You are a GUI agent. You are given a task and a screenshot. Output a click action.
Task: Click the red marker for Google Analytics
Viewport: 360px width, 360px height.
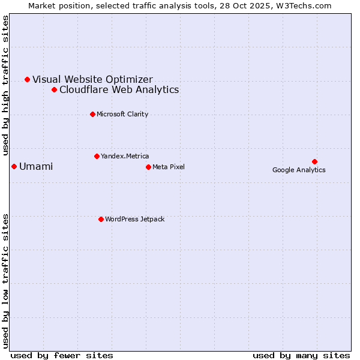(314, 161)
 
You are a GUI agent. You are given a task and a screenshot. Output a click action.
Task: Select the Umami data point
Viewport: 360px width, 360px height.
(14, 166)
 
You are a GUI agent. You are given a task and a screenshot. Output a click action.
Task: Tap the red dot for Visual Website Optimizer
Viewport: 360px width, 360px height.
(27, 79)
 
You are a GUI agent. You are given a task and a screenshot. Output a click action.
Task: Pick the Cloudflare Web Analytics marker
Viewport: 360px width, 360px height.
(54, 89)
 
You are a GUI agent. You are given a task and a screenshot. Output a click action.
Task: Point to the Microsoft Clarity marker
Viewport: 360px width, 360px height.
(92, 114)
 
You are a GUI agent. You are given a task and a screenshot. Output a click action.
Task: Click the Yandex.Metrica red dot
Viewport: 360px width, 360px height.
(97, 156)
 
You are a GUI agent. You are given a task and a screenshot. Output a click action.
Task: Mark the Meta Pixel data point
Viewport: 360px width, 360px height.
(148, 167)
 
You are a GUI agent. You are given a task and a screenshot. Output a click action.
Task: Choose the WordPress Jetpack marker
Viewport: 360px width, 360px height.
(101, 219)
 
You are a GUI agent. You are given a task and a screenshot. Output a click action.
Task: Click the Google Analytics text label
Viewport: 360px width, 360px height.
(299, 170)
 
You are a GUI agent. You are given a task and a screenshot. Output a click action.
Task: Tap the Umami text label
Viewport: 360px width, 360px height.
(36, 167)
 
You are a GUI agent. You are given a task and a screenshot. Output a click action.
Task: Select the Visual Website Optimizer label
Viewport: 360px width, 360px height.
(92, 79)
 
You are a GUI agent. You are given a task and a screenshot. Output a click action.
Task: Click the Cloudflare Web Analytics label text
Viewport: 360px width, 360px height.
(119, 90)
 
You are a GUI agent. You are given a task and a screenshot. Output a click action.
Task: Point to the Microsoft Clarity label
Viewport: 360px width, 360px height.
(122, 115)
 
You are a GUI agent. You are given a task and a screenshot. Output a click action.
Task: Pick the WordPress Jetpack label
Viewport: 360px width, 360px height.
(134, 220)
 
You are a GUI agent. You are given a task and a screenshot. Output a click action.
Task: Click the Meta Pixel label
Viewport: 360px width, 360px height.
(169, 167)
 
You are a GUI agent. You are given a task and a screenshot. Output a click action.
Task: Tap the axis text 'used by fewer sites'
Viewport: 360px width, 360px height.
(62, 355)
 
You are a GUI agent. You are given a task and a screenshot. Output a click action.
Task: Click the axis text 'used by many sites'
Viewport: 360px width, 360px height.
(301, 355)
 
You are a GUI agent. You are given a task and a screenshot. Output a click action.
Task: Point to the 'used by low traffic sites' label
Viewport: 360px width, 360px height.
(6, 280)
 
